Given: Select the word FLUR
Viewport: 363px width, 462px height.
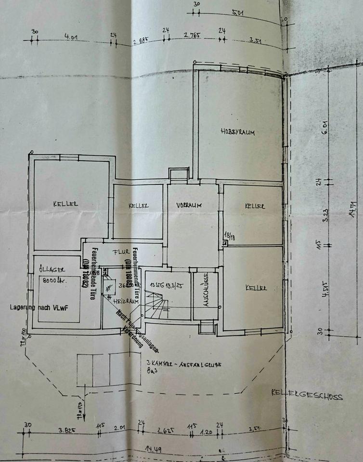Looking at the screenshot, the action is click(119, 252).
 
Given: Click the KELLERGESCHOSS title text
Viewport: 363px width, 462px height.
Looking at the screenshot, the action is click(306, 397).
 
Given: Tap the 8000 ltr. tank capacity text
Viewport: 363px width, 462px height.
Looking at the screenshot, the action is click(54, 281).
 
